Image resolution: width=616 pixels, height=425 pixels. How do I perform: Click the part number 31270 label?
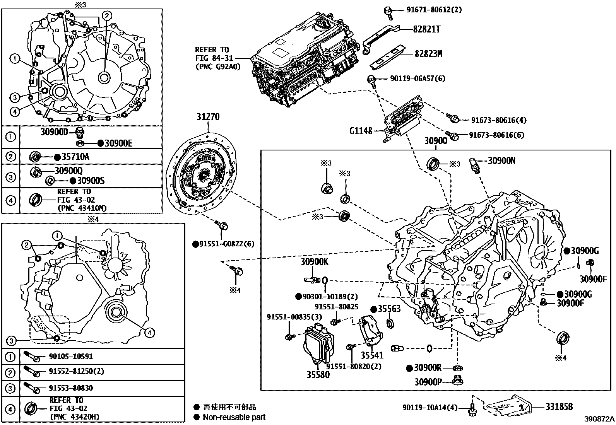(x=208, y=117)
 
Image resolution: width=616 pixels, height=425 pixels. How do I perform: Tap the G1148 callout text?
(x=361, y=131)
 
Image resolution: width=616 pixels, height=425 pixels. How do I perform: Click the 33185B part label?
(x=559, y=406)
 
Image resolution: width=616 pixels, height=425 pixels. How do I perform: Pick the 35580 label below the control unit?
(x=318, y=374)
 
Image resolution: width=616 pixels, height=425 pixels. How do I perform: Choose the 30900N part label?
(x=501, y=160)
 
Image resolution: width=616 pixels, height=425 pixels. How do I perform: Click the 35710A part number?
(x=75, y=157)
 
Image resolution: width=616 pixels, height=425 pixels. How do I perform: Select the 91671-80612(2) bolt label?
(x=434, y=9)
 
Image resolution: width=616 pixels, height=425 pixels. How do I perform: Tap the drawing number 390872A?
(x=599, y=419)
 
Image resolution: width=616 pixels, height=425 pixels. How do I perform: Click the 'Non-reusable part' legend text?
(x=234, y=417)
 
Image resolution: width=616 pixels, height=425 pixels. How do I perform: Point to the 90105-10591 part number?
(x=71, y=356)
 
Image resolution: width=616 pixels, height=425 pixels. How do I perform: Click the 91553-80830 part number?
(x=71, y=388)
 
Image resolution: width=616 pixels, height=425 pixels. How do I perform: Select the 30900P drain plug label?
(x=428, y=382)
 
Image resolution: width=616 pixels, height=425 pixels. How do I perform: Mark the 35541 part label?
(x=372, y=355)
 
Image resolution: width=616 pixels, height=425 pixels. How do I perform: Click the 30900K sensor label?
(x=315, y=262)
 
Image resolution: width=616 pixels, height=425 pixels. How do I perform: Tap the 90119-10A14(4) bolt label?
(x=430, y=407)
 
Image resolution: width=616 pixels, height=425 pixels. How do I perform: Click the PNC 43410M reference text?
(x=82, y=208)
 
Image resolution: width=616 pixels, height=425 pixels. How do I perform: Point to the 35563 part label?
(x=389, y=309)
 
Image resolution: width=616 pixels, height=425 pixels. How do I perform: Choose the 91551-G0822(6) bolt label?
(x=227, y=244)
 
